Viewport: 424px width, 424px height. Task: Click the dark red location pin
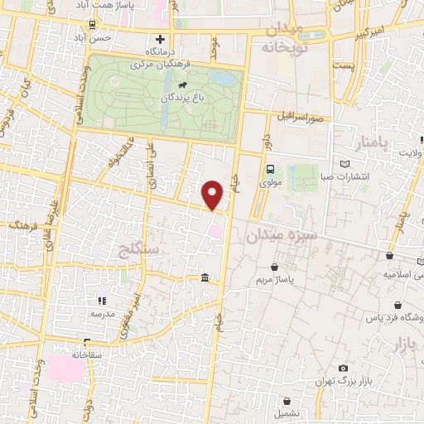point(213,194)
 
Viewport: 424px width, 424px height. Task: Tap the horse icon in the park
point(181,84)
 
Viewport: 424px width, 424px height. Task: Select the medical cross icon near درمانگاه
point(160,39)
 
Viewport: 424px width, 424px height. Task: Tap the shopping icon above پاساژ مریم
point(274,267)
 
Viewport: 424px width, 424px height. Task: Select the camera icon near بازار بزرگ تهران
point(343,369)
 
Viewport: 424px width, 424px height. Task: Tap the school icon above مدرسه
point(103,301)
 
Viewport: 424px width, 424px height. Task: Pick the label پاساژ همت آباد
point(108,6)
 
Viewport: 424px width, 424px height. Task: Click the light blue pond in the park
point(222,79)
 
